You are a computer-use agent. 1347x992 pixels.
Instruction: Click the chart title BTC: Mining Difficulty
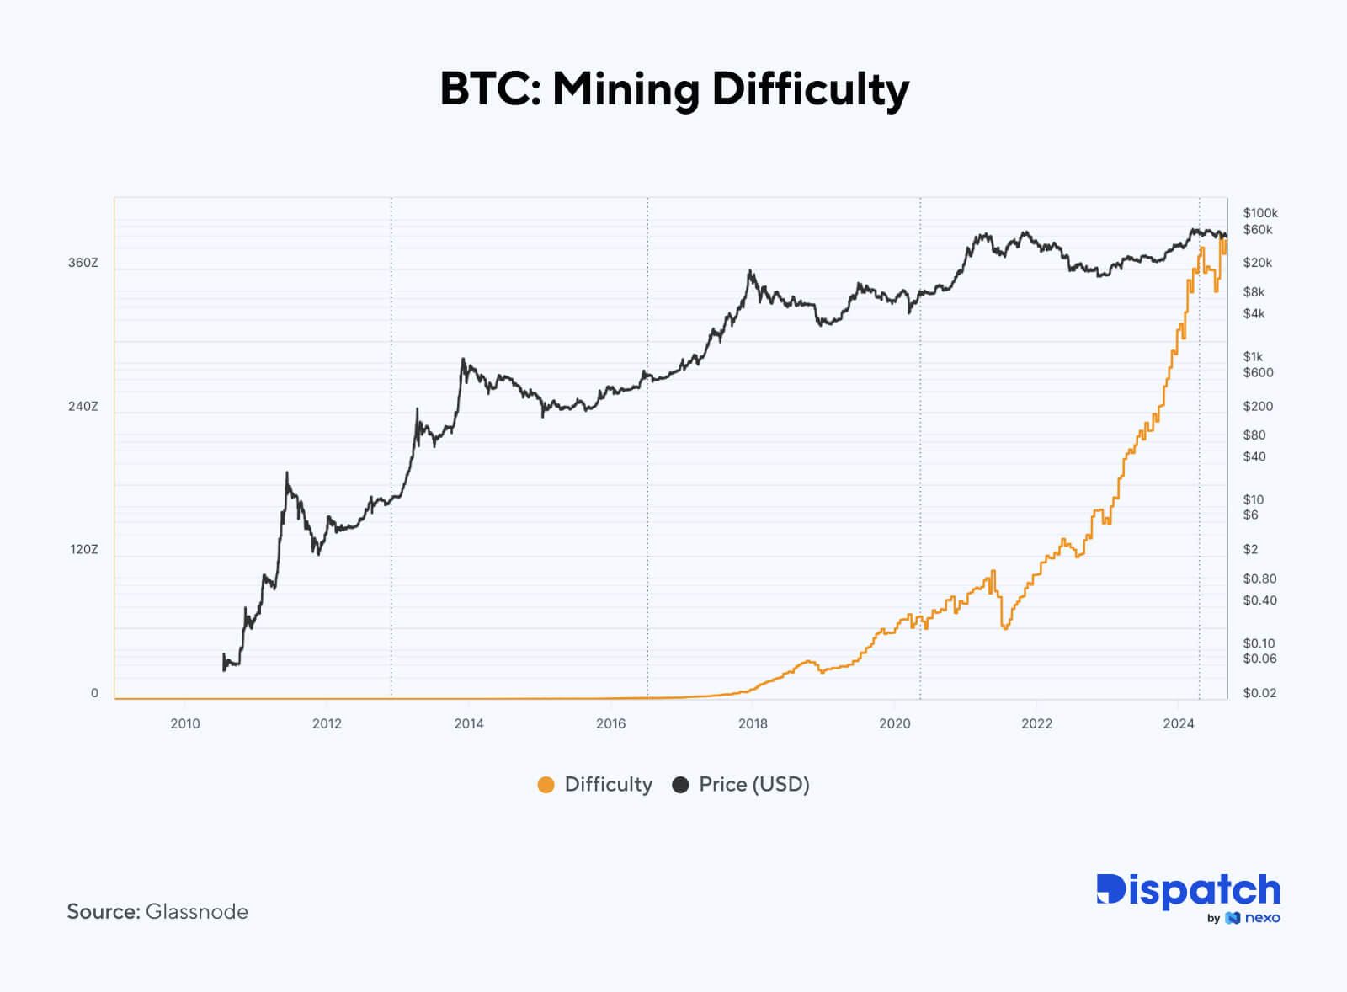point(674,89)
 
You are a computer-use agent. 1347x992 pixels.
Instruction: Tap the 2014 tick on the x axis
point(469,723)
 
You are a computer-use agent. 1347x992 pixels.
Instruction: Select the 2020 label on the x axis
point(895,723)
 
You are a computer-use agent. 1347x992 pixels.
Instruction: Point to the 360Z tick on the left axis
point(83,263)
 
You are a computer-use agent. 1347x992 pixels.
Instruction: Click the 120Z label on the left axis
point(84,549)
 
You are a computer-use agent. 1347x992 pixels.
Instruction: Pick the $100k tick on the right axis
point(1260,213)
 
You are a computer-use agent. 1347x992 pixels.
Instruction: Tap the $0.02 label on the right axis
point(1259,693)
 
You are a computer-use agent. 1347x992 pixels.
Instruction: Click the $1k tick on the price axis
point(1253,357)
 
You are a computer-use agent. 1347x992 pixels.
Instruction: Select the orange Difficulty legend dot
point(546,785)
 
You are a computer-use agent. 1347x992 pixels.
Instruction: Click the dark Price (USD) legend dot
point(680,785)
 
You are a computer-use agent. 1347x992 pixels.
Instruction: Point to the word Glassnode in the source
point(197,911)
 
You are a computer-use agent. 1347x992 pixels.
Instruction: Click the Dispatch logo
point(1188,890)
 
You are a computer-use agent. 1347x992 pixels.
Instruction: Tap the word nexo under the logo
point(1262,918)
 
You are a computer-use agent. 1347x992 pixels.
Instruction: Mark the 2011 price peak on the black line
point(287,473)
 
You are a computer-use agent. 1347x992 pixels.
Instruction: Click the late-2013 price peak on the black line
point(463,360)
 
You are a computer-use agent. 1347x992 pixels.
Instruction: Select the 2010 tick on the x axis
point(185,723)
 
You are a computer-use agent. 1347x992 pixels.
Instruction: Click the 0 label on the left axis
point(94,693)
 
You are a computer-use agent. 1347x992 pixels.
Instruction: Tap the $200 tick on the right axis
point(1258,406)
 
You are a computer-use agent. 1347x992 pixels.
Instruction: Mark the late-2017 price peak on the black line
point(750,271)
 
